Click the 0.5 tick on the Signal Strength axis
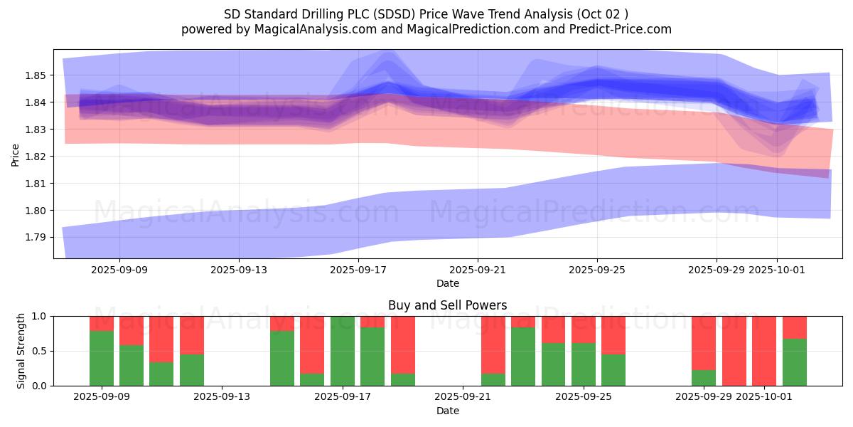click(x=40, y=351)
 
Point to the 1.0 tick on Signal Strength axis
click(x=40, y=316)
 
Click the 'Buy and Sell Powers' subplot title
click(x=447, y=305)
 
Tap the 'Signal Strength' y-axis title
click(x=21, y=351)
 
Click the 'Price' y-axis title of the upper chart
click(x=16, y=154)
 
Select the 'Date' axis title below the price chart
click(x=447, y=283)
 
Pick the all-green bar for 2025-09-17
click(x=343, y=351)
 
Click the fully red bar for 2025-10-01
click(x=764, y=351)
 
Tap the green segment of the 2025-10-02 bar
click(x=795, y=362)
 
